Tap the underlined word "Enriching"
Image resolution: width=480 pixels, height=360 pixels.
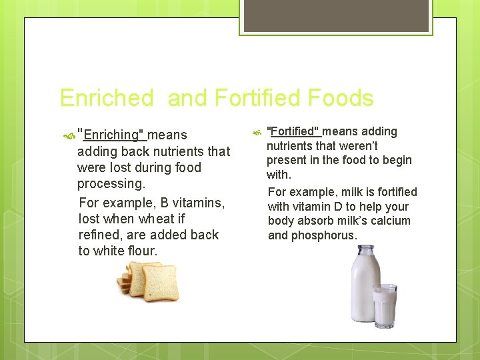[x=111, y=135]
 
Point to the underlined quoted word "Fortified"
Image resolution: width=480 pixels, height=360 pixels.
[x=293, y=131]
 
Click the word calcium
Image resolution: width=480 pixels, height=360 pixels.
[x=391, y=221]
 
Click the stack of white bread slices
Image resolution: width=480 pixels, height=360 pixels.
[x=148, y=281]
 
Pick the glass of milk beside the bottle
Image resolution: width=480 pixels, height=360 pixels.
[x=385, y=305]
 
